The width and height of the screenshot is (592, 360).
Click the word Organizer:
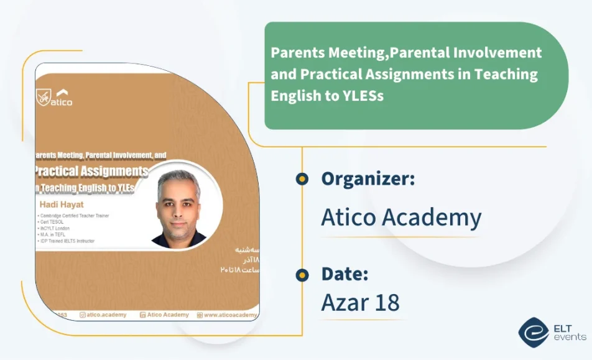tap(368, 179)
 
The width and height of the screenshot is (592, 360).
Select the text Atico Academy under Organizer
tap(401, 217)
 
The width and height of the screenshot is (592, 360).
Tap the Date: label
tap(345, 274)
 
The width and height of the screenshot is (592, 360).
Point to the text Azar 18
tap(360, 302)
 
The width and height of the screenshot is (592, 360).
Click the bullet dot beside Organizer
tap(302, 179)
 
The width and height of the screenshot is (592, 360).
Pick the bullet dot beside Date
tap(302, 274)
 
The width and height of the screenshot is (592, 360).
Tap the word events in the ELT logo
tap(570, 337)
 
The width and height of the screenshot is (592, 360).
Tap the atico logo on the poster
tap(55, 97)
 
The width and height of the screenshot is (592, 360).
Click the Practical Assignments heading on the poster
tap(92, 171)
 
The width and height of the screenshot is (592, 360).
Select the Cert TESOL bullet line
tap(53, 221)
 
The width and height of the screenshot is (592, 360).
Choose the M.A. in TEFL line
tap(53, 234)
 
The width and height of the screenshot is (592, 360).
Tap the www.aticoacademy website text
tap(228, 315)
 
